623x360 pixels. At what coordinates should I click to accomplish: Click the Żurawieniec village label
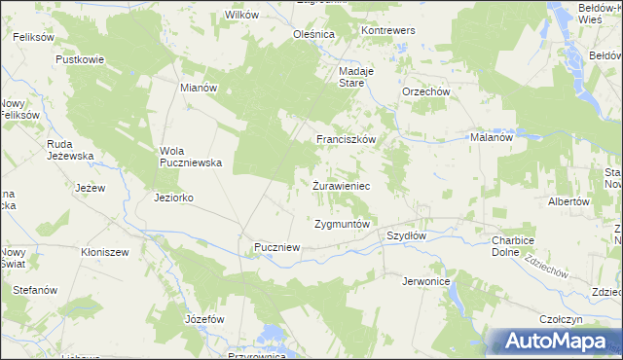click(340, 184)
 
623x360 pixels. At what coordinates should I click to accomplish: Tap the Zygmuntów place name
click(342, 224)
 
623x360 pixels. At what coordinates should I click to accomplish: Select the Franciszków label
click(345, 139)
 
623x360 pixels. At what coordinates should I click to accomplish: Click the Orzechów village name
click(425, 91)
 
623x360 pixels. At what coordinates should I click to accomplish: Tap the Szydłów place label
click(407, 235)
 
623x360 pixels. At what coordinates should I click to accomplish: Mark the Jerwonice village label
click(425, 280)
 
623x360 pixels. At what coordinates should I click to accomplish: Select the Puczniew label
click(276, 248)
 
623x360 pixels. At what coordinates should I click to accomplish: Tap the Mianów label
click(199, 87)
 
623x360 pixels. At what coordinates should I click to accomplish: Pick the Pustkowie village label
click(80, 59)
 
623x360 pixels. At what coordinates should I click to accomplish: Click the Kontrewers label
click(388, 30)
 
